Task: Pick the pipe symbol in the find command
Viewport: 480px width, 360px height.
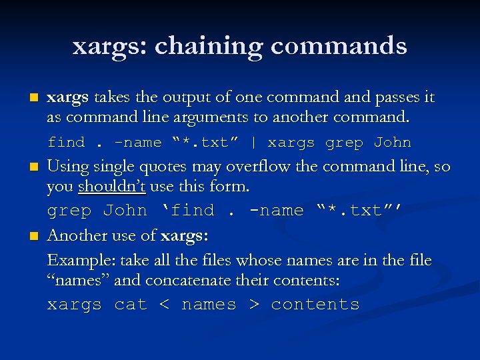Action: pos(253,143)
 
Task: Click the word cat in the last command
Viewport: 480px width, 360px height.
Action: pos(130,305)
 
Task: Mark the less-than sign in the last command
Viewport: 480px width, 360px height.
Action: pos(164,305)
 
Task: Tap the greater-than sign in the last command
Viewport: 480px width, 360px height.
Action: pos(253,305)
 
